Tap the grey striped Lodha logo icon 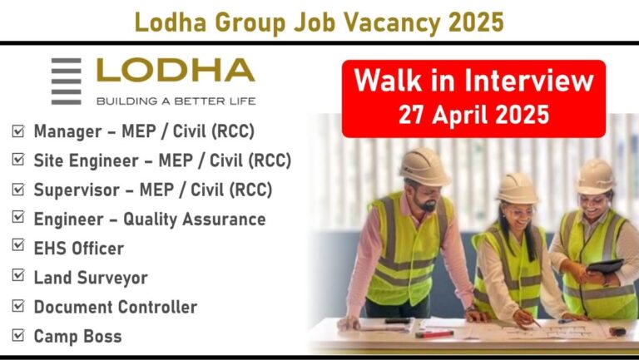click(x=66, y=81)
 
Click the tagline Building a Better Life click(x=176, y=101)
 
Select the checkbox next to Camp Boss click(x=18, y=335)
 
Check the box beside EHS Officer click(x=18, y=244)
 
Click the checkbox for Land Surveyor click(x=18, y=275)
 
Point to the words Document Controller click(x=116, y=307)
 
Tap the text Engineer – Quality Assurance click(x=150, y=219)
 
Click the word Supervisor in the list click(x=77, y=190)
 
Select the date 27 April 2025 click(x=474, y=115)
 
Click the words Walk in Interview click(x=474, y=80)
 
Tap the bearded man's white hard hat click(x=424, y=166)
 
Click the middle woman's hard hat click(x=518, y=188)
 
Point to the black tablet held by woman click(x=606, y=266)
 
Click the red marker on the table click(x=434, y=334)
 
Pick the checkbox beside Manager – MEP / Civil click(x=18, y=131)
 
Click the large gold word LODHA click(x=176, y=70)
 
